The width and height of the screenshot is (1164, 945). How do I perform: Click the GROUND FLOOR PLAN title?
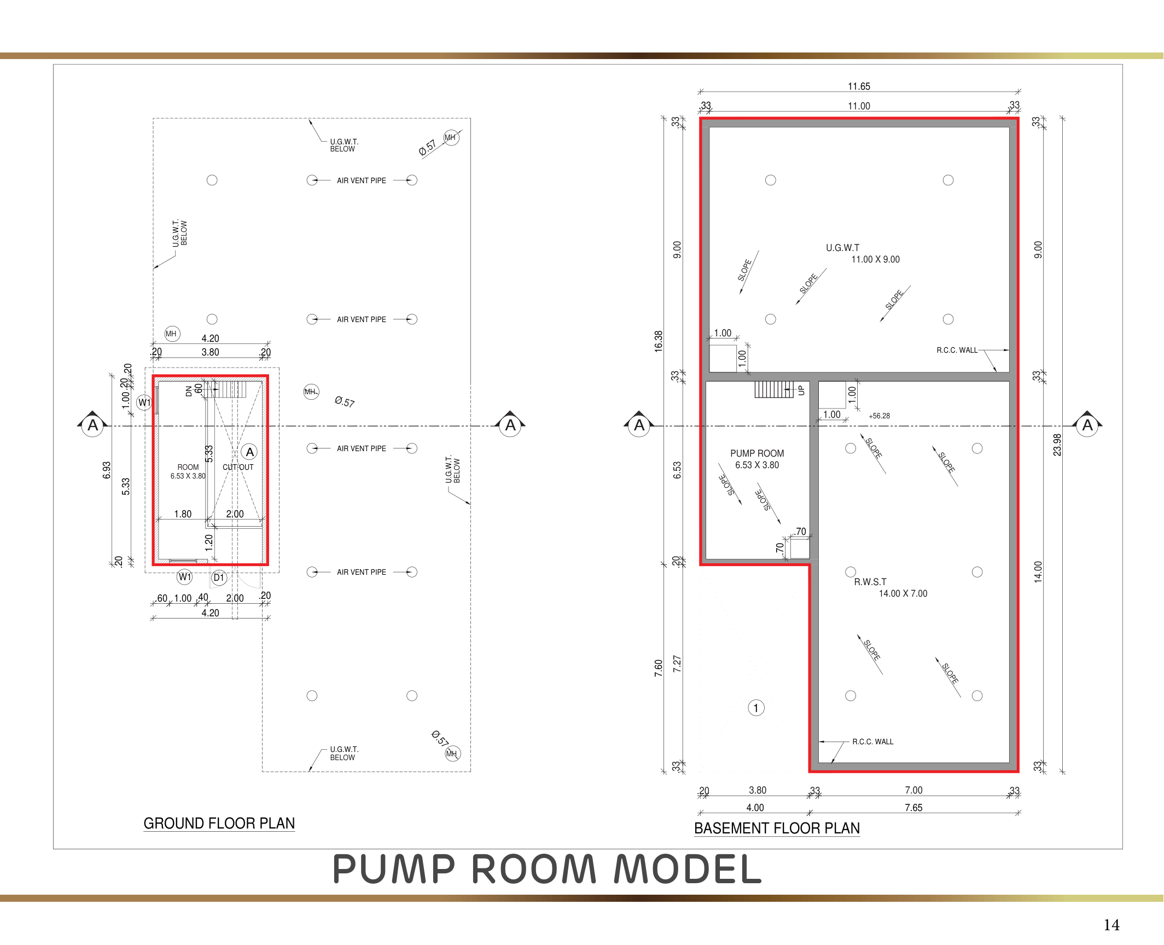point(219,823)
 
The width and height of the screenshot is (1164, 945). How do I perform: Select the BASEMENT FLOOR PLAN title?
point(777,828)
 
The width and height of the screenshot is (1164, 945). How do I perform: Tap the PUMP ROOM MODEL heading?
point(547,869)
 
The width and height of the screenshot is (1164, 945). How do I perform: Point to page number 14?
point(1111,925)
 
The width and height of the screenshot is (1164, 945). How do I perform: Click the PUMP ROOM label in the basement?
point(757,453)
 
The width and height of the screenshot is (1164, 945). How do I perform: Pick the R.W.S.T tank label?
point(870,582)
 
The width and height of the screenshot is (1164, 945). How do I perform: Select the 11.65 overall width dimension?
point(859,86)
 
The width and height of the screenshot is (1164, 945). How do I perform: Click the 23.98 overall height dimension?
point(1057,445)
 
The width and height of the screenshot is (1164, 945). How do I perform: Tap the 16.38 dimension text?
point(659,341)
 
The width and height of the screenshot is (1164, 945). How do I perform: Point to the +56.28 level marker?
point(879,416)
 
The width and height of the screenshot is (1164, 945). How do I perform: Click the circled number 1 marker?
point(756,708)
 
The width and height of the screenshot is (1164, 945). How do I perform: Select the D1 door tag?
point(219,577)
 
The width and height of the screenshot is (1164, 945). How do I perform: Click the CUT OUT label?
point(238,467)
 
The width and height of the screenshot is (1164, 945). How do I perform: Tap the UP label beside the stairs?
point(801,390)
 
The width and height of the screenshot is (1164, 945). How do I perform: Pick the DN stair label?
point(189,390)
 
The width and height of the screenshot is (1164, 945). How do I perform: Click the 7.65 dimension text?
point(913,808)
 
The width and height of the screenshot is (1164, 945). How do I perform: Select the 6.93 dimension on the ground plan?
point(107,470)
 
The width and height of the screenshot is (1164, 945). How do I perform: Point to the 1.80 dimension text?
point(183,514)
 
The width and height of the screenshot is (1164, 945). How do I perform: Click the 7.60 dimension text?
point(659,668)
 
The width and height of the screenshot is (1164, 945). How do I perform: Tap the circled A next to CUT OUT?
point(250,452)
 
